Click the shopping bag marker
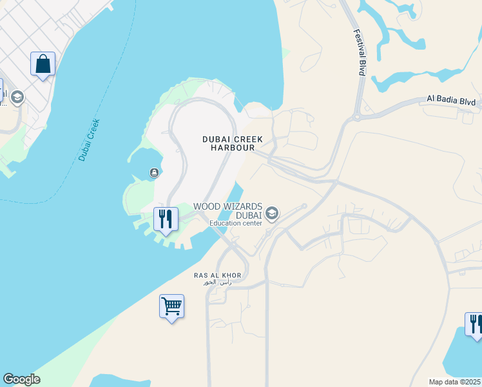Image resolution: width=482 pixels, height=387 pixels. point(43,64)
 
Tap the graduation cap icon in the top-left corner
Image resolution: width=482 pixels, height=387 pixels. point(17,97)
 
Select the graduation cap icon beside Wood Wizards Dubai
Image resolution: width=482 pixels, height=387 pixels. point(272,213)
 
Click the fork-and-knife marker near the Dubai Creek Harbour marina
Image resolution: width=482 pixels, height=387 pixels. point(166,220)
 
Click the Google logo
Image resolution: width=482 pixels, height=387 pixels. point(21,379)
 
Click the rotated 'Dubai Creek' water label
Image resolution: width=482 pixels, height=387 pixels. point(90,140)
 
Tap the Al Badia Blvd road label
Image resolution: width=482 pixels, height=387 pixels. point(451,101)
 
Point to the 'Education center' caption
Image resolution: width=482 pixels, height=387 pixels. point(235,223)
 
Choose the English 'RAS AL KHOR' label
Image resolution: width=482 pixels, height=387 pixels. point(217,275)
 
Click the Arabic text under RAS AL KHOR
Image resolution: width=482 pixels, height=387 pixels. point(217,283)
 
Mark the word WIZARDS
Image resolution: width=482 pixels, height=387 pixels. point(240,206)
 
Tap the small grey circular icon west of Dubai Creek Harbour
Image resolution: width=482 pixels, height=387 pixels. point(155,172)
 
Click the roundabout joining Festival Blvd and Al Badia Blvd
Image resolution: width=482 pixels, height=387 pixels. point(356,117)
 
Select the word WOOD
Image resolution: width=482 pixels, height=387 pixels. point(207,206)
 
